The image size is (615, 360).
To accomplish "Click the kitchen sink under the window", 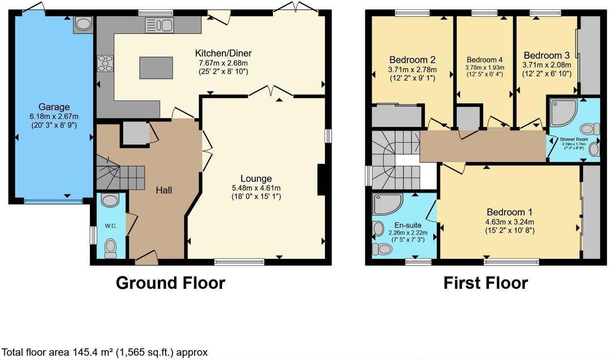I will point(159,25).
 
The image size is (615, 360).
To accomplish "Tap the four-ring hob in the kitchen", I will point(105,64).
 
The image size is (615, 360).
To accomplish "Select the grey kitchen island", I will point(156,68).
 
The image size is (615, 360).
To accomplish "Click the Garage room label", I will point(54,107).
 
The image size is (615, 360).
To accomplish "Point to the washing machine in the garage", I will point(83,24).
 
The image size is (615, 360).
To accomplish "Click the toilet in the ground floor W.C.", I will point(110,248).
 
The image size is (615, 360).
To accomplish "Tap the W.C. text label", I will point(111,226).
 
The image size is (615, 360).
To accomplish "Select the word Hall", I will point(164,190).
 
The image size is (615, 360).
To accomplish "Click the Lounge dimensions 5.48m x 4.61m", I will point(256,188).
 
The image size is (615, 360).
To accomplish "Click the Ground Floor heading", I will point(170,283).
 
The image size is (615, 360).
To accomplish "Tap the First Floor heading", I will point(486,283).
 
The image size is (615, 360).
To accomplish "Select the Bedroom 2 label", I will point(412,60).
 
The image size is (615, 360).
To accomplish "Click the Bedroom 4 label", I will point(484,60).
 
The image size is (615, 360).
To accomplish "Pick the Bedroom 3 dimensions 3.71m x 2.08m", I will point(547,65).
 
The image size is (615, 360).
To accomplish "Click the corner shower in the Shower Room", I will point(563,111).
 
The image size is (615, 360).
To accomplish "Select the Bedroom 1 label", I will point(509,212).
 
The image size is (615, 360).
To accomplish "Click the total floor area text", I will point(104,352).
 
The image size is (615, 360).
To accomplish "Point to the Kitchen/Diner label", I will point(223,53).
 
